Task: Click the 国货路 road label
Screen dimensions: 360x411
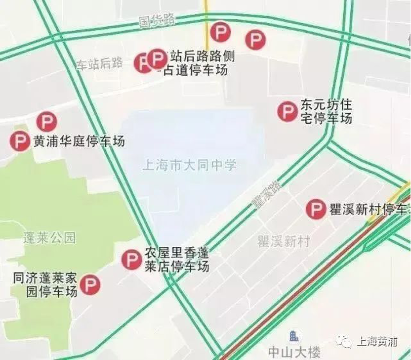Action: [x=157, y=20]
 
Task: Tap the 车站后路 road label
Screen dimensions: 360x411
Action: [x=99, y=63]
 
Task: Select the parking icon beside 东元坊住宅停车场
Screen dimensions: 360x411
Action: [x=287, y=111]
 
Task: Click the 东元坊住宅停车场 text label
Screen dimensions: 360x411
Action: [x=326, y=112]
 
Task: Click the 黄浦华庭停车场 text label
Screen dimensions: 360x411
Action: [x=79, y=142]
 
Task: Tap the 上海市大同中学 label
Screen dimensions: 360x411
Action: [x=189, y=165]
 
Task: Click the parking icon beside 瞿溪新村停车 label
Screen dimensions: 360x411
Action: [x=315, y=209]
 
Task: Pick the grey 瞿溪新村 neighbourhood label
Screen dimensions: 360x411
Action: [x=284, y=242]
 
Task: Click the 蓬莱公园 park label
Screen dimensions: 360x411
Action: [x=49, y=238]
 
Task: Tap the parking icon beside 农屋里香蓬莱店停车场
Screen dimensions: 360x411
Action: [x=131, y=259]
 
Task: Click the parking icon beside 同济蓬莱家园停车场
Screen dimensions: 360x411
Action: [x=90, y=285]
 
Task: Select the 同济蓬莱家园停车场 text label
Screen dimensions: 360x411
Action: [x=45, y=285]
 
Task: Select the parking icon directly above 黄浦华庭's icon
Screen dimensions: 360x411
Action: [x=47, y=122]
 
